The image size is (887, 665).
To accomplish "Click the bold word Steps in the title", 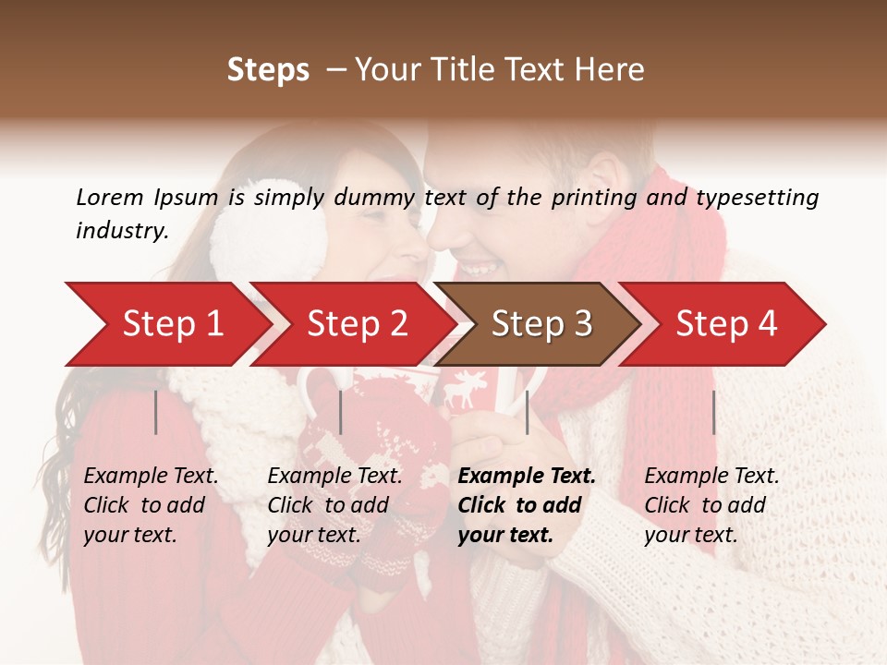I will point(268,70).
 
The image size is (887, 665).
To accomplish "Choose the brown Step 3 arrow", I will point(541,324).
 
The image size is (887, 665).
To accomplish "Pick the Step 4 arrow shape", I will point(726,324).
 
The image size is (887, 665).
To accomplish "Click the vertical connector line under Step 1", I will point(156,412).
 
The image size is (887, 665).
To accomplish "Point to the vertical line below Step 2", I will point(341,412).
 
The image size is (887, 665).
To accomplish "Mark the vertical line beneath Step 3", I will point(528,412).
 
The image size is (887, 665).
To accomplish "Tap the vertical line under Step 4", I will point(714,412).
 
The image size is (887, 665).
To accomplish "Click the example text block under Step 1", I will point(151,505).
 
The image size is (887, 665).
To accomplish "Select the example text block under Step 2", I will point(334,505).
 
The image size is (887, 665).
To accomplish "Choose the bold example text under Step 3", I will point(526,505).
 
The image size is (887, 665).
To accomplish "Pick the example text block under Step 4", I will point(711,505).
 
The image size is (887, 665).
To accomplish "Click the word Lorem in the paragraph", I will point(109,197).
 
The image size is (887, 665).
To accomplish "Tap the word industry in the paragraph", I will point(122,231).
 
